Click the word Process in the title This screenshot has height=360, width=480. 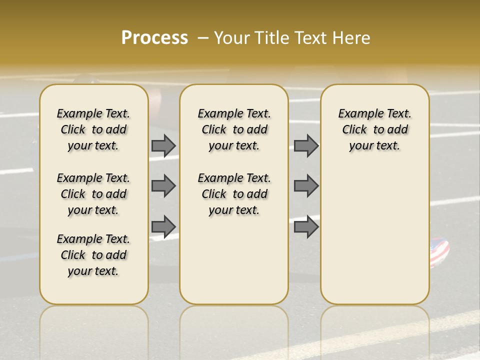(x=154, y=38)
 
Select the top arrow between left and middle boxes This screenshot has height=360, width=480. (x=163, y=145)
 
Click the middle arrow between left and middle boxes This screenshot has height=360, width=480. (x=163, y=186)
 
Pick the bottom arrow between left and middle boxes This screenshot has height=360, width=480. (x=163, y=226)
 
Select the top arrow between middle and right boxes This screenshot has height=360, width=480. (x=306, y=145)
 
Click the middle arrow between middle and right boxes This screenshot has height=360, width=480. (x=306, y=186)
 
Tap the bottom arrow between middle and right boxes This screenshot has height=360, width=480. (x=306, y=226)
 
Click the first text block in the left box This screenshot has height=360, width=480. (x=93, y=129)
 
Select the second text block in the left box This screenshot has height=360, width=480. (x=93, y=194)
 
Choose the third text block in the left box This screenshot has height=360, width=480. (x=93, y=255)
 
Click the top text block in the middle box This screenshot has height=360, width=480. (x=234, y=129)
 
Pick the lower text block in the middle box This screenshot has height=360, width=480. (x=234, y=194)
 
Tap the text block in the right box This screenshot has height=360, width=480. (x=374, y=129)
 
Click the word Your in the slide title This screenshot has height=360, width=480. (x=232, y=38)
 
